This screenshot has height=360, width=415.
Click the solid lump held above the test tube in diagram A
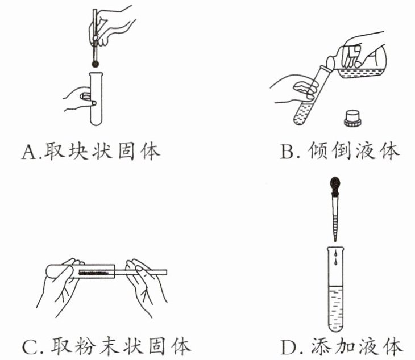[95, 64]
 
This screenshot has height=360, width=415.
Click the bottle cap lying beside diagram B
[352, 119]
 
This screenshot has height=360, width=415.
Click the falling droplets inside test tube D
[335, 257]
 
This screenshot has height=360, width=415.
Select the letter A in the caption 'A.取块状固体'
[30, 152]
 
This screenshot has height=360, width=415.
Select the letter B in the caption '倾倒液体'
[288, 152]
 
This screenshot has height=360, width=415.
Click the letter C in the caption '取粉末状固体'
[31, 347]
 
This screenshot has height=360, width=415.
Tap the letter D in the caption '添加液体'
[289, 347]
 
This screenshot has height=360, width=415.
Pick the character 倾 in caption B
[318, 152]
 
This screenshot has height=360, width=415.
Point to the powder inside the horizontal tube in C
[94, 273]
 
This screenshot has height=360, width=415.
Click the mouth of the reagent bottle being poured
[330, 62]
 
